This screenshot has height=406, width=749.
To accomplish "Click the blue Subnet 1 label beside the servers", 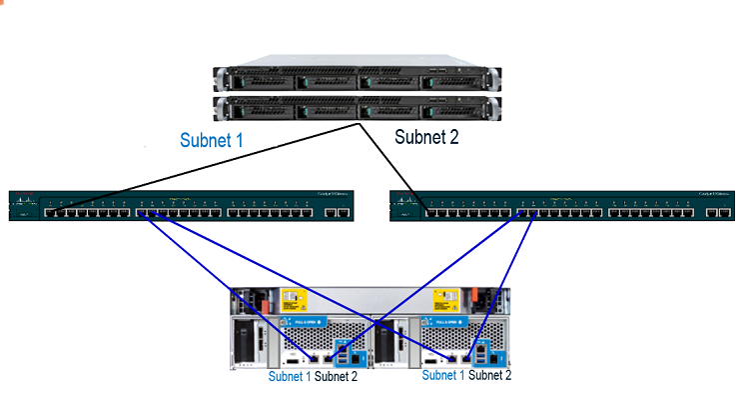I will [211, 140].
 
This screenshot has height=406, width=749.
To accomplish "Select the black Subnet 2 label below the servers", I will [426, 137].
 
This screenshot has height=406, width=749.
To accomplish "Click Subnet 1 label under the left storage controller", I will [290, 377].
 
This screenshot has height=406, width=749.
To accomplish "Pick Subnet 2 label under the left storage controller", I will [336, 377].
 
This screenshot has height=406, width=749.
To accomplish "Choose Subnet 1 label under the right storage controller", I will [443, 375].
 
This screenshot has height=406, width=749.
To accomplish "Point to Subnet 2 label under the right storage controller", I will [489, 375].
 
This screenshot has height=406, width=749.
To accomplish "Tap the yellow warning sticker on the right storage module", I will [444, 299].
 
